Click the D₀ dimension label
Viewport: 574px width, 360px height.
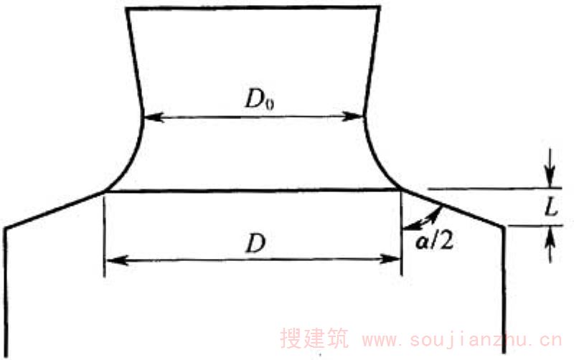point(260,99)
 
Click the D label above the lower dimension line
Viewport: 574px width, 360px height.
point(255,244)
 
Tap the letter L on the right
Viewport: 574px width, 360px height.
point(551,208)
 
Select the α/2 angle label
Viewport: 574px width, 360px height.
point(435,241)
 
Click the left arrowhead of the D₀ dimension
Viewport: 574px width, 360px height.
point(153,118)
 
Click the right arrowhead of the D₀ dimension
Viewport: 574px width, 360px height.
point(354,117)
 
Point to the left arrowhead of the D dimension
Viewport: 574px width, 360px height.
point(116,260)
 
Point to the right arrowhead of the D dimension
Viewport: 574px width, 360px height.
point(390,260)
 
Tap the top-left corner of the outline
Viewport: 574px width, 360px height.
point(127,9)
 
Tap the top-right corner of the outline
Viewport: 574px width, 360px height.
point(380,7)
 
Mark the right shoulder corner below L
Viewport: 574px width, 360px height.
point(504,226)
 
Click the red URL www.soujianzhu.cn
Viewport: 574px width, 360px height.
point(462,340)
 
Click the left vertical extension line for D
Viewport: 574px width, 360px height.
point(105,235)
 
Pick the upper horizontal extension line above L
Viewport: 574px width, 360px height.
point(494,189)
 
